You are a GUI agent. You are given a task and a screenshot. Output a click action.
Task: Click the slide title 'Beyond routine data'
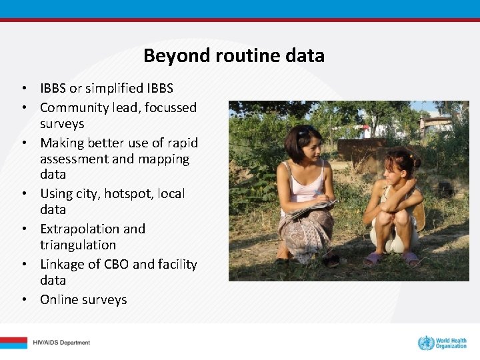click(234, 55)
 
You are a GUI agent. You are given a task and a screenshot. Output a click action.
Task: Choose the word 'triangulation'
click(78, 245)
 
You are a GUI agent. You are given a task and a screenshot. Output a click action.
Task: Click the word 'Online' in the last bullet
click(59, 300)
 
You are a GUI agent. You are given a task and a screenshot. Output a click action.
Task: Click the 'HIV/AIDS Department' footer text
click(61, 343)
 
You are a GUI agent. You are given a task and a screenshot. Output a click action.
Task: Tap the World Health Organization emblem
click(425, 343)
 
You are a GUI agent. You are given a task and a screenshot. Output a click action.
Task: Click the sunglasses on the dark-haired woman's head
click(306, 131)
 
